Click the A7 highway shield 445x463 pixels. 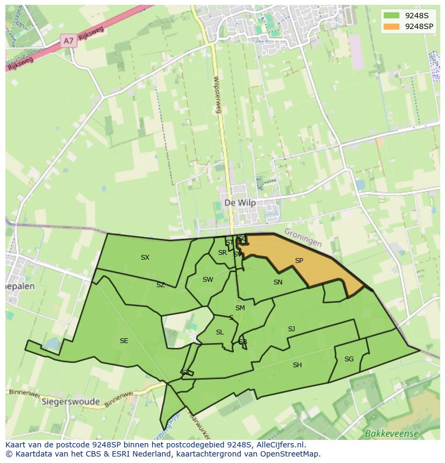(x=68, y=41)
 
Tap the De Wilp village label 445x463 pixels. (x=240, y=203)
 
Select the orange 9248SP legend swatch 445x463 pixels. (x=392, y=26)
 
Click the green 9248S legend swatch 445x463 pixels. (x=392, y=16)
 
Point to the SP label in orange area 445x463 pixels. (x=299, y=261)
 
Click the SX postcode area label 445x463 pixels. (x=145, y=258)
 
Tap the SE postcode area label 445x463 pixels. (x=124, y=341)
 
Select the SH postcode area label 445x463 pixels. (x=297, y=365)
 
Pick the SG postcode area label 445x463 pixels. (x=349, y=359)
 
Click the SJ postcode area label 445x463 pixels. (x=291, y=329)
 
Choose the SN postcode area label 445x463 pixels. (x=278, y=282)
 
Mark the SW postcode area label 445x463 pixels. (x=207, y=280)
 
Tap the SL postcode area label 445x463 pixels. (x=220, y=332)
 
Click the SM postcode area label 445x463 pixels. (x=240, y=308)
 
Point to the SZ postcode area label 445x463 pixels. (x=161, y=285)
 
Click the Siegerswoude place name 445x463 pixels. (x=71, y=402)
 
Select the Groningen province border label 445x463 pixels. (x=303, y=237)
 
